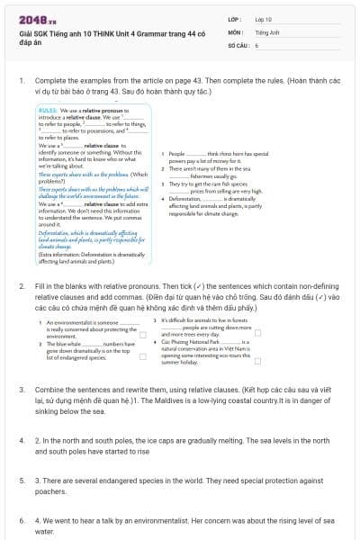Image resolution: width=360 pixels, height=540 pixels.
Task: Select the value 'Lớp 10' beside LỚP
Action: tap(264, 18)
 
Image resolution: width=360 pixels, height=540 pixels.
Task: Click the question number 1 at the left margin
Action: tap(22, 80)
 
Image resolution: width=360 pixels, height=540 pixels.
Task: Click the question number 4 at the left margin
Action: tap(22, 441)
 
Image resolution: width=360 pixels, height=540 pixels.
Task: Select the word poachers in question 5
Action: tap(51, 491)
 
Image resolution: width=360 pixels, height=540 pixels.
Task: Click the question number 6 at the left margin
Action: tap(22, 519)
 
